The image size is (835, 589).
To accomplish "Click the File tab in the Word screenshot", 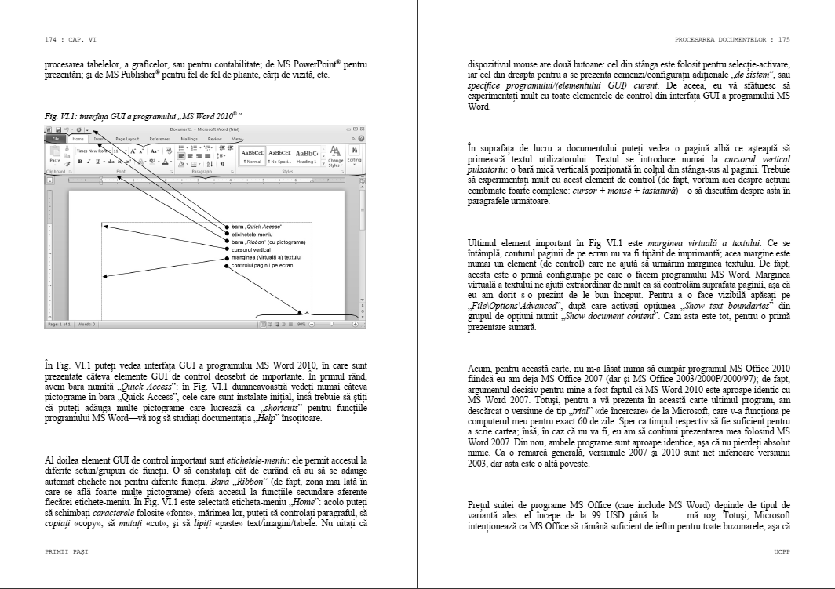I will point(56,138).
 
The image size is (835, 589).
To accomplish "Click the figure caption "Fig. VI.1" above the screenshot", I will point(60,116).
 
